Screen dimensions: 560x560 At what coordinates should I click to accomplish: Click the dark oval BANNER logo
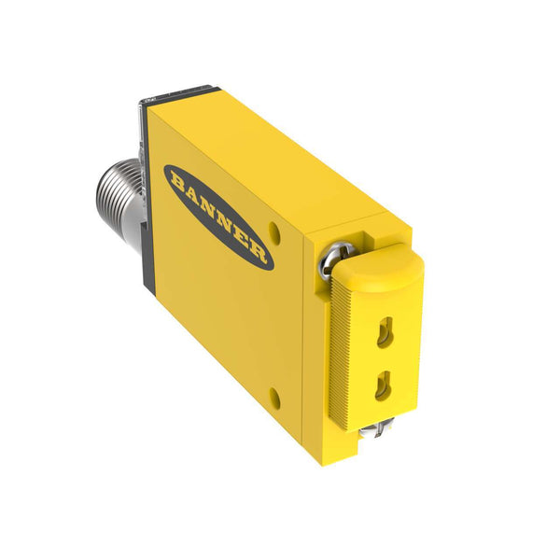point(218,217)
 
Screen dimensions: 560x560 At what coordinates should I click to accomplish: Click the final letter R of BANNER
point(258,253)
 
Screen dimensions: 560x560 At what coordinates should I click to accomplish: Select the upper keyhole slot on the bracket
point(385,332)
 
